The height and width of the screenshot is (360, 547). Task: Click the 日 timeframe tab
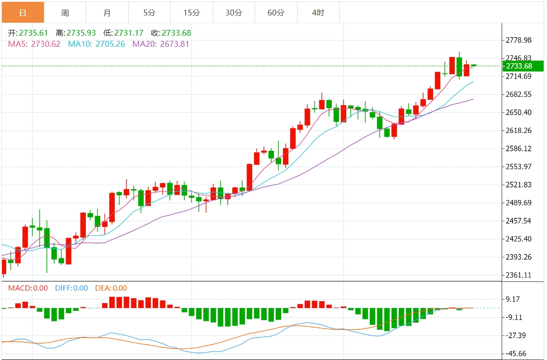coord(23,13)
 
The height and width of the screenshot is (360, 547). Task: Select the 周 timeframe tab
coord(65,13)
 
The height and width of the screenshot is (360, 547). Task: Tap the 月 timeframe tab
coord(107,13)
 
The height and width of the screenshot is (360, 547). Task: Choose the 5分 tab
coord(150,13)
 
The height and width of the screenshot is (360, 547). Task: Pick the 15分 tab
coord(191,13)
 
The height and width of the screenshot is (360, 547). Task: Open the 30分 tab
coord(234,13)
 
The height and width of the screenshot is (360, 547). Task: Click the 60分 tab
coord(276,13)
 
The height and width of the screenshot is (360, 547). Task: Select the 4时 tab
coord(318,13)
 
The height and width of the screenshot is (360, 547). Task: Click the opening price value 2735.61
coord(33,33)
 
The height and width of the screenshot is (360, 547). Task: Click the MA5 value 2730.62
coord(46,44)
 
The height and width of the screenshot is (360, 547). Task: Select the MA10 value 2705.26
coord(110,44)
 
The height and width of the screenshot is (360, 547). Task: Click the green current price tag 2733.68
coord(522,66)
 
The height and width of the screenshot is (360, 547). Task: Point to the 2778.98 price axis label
coord(518,40)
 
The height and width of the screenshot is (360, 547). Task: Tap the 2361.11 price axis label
coord(518,275)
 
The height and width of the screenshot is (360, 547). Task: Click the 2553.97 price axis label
coord(518,167)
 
